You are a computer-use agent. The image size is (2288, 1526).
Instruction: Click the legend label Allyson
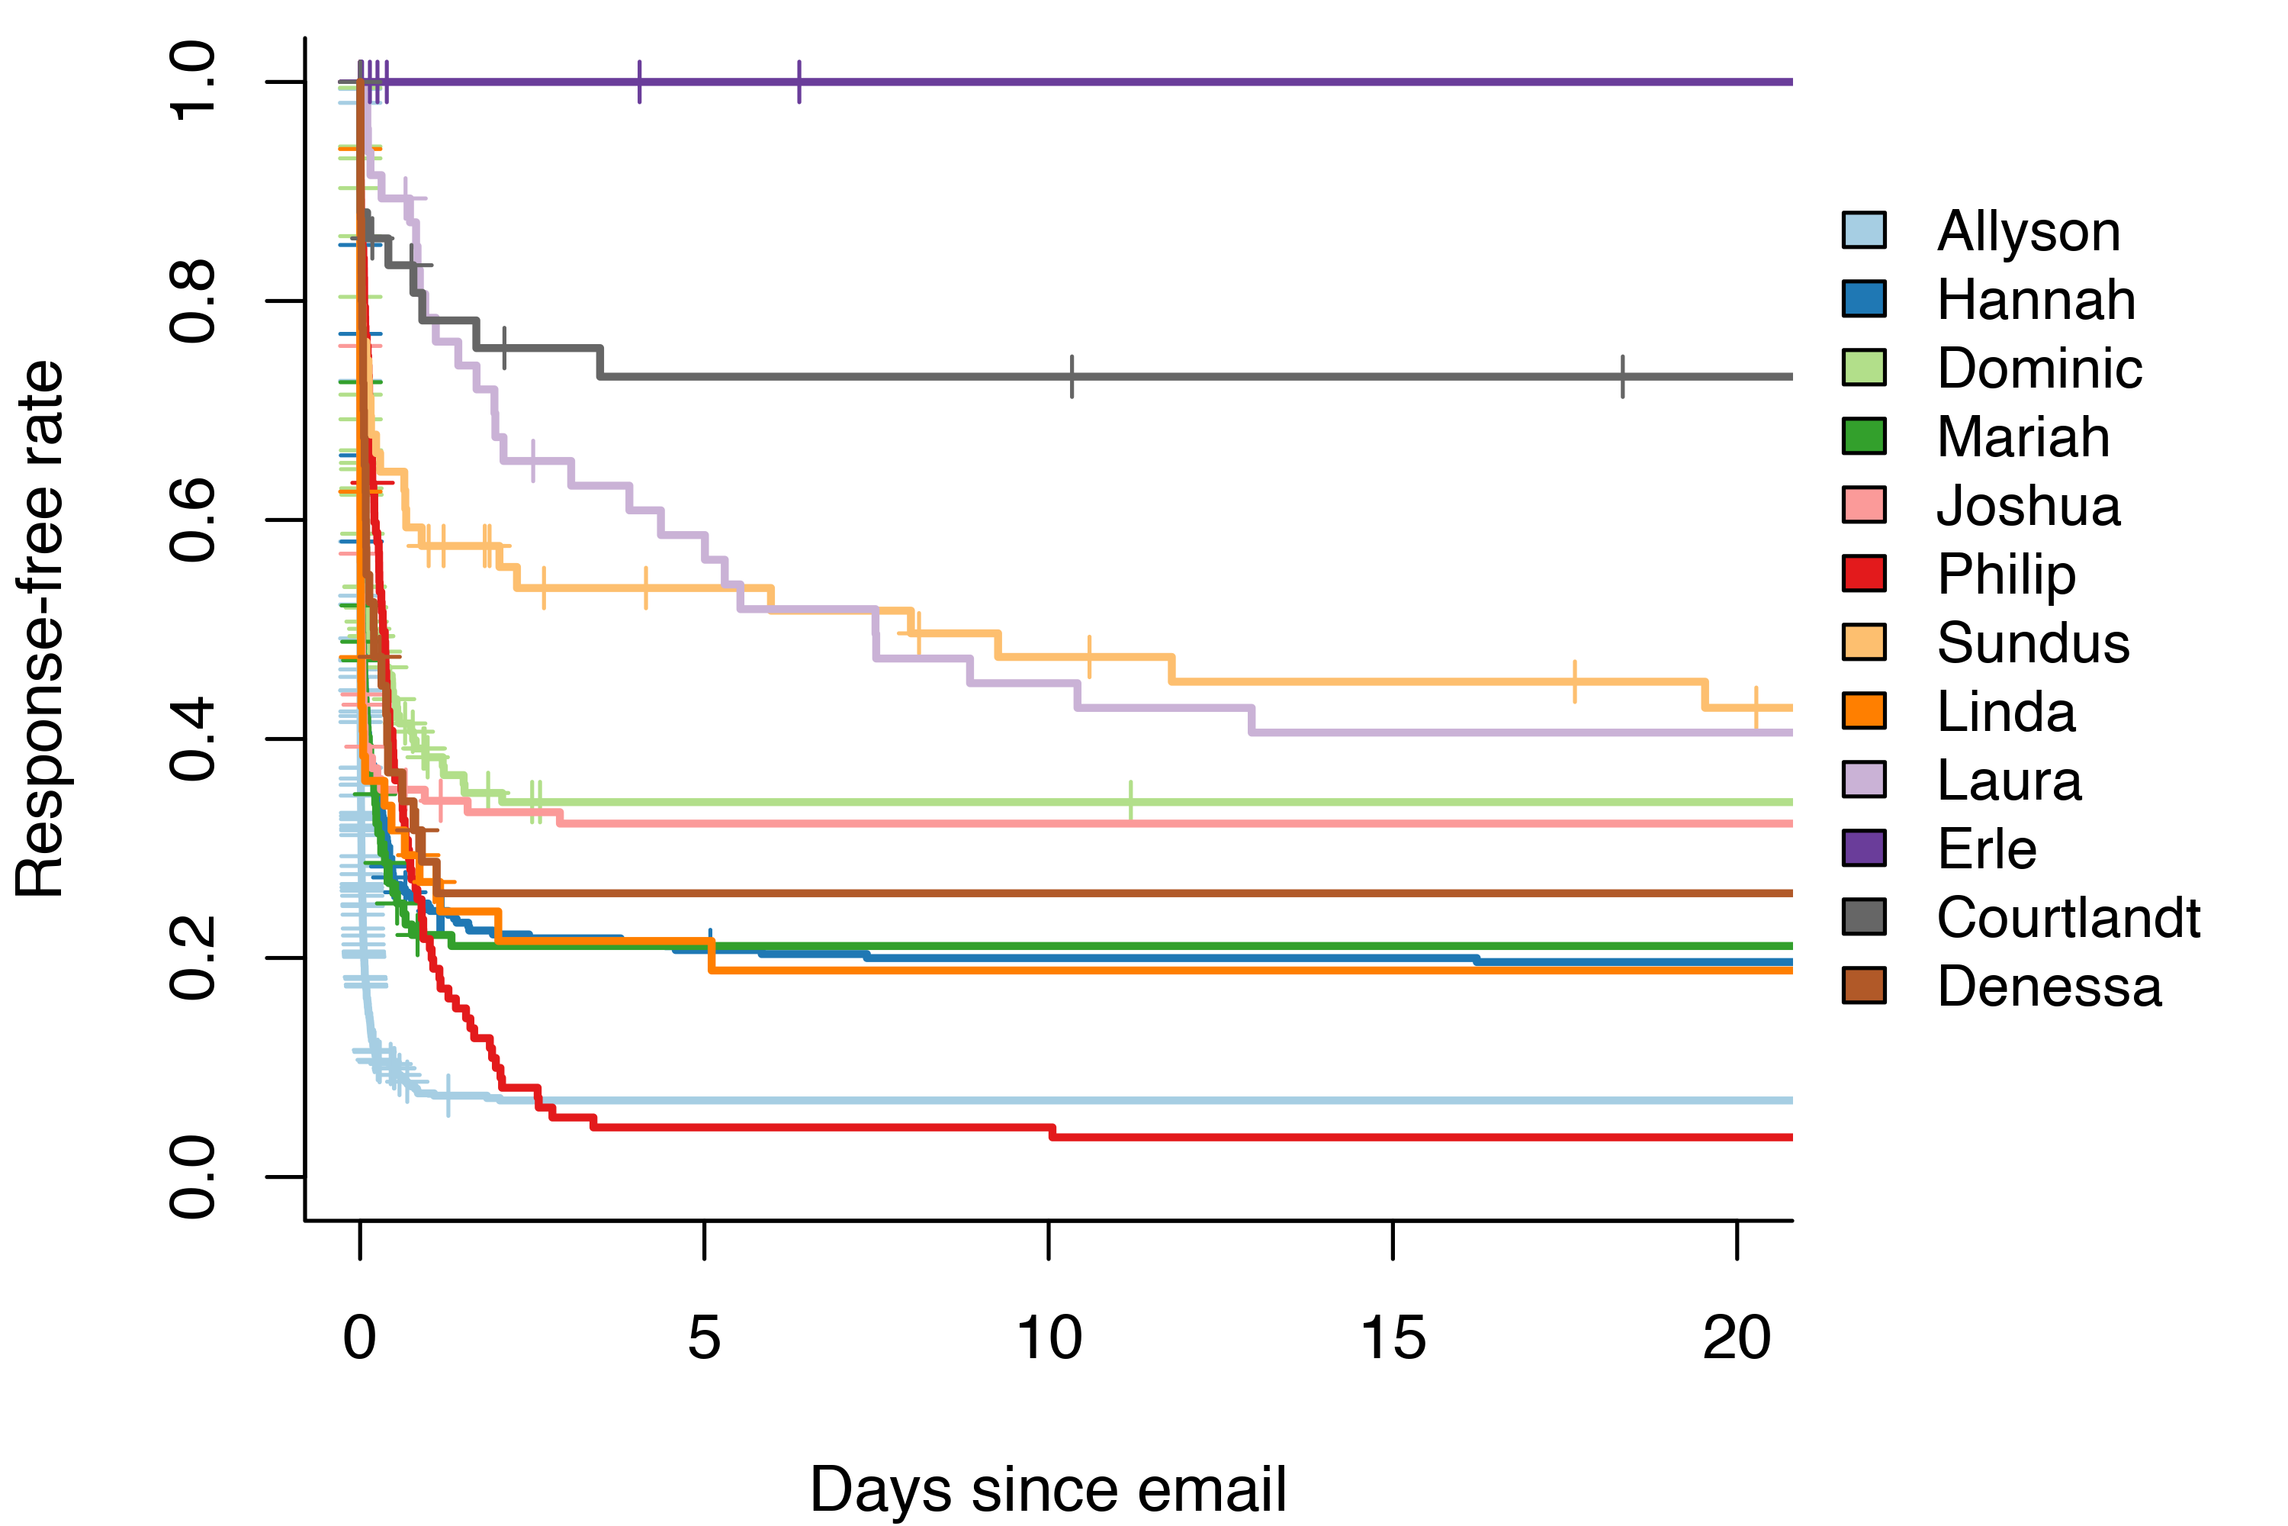(x=2027, y=232)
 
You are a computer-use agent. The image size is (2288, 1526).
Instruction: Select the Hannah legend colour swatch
(x=1864, y=299)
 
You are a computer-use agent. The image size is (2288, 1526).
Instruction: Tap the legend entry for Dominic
(x=2039, y=368)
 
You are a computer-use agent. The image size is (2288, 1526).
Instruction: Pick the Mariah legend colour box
(x=1864, y=436)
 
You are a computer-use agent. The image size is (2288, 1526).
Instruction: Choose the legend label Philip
(x=2006, y=575)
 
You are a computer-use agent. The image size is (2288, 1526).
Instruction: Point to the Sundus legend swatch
(x=1864, y=642)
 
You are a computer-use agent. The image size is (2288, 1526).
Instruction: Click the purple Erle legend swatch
(x=1864, y=848)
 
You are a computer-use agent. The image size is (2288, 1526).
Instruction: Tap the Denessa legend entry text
(x=2049, y=987)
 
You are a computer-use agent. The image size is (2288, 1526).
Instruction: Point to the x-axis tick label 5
(x=704, y=1338)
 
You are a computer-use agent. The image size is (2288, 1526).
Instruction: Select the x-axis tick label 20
(x=1737, y=1338)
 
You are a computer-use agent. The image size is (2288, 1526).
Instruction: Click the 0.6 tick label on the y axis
(x=193, y=520)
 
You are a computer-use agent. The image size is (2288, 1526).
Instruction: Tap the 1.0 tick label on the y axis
(x=193, y=82)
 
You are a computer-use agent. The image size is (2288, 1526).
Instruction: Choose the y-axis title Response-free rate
(x=41, y=629)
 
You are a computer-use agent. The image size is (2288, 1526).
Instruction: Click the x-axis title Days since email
(x=1048, y=1489)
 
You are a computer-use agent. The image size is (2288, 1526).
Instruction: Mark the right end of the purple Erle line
(x=1791, y=82)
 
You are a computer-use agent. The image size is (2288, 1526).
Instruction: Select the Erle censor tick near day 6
(x=799, y=82)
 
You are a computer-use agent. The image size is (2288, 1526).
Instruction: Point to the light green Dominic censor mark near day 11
(x=1130, y=801)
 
